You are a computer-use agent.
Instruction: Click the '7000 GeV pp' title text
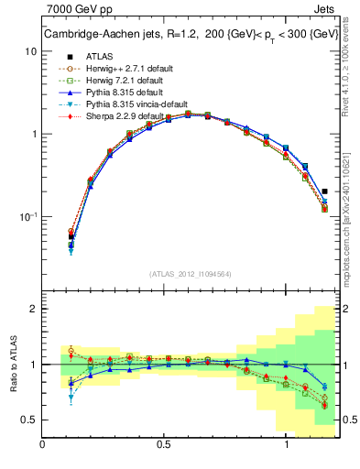coord(76,12)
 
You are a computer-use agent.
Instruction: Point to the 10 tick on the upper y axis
coord(30,52)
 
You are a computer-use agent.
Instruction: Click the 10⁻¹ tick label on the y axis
coord(28,217)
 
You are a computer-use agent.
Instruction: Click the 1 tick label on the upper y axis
coord(34,135)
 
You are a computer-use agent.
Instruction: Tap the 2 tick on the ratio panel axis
coord(34,309)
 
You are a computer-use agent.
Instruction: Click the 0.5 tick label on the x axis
coord(163,446)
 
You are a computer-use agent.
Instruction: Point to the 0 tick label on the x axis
coord(43,446)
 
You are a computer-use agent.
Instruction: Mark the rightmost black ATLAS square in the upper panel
coord(325,191)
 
